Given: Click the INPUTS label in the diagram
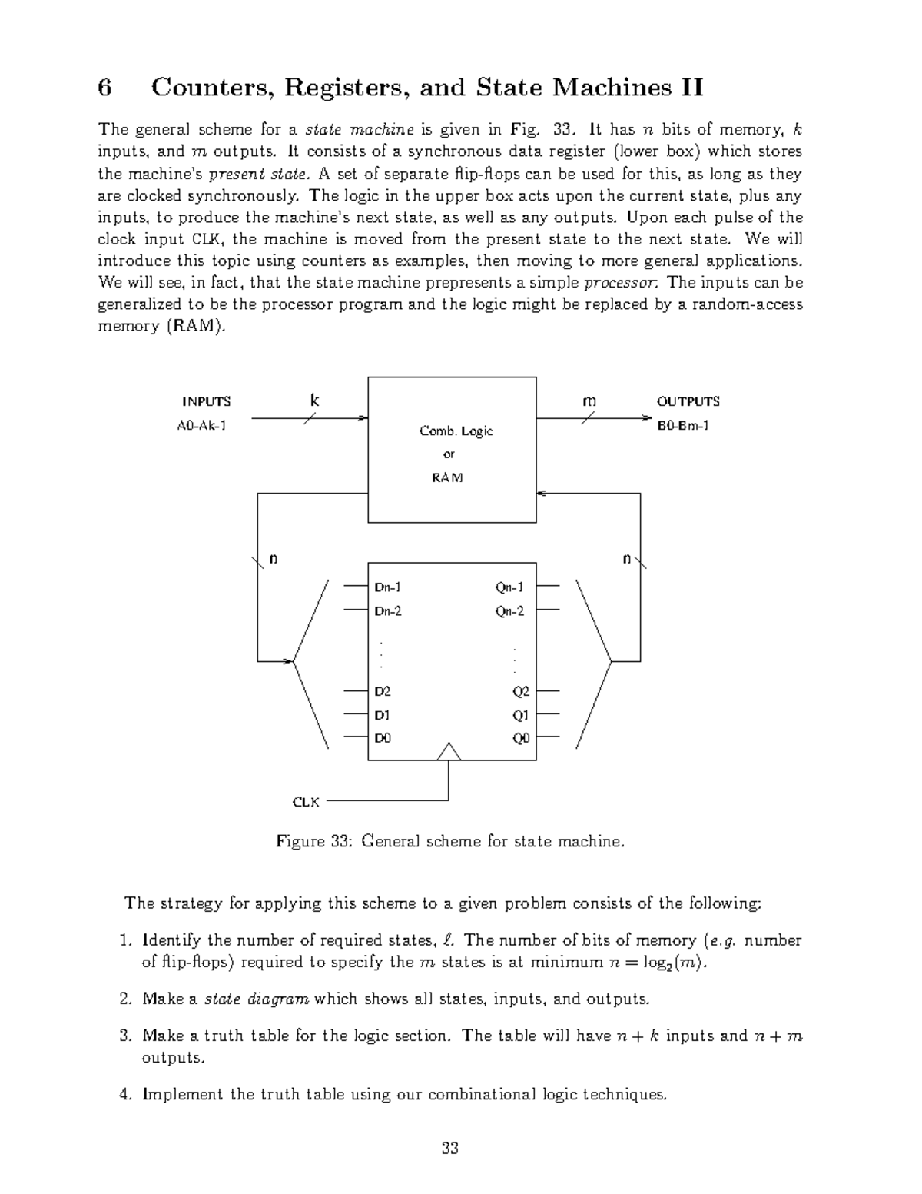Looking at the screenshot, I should click(x=206, y=401).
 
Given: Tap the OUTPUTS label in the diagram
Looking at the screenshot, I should click(x=688, y=401).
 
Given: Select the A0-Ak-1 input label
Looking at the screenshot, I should click(x=202, y=424).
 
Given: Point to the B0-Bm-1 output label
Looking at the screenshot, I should click(x=683, y=424).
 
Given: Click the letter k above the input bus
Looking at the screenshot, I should click(x=313, y=401).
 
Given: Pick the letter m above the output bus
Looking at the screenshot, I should click(x=589, y=401).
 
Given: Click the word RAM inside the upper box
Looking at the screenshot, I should click(x=447, y=477).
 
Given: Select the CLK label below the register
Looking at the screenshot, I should click(x=306, y=802).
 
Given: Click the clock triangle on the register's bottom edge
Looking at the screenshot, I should click(x=449, y=752).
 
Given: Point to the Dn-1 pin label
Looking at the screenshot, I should click(x=387, y=587).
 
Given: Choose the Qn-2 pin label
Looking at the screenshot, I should click(x=509, y=611).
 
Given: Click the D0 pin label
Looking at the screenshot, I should click(x=383, y=738).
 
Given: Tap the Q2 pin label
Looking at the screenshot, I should click(x=521, y=691).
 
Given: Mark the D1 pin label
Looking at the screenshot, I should click(x=382, y=715).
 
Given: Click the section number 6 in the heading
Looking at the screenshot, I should click(x=105, y=88).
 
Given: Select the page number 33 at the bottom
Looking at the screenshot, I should click(x=450, y=1149).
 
